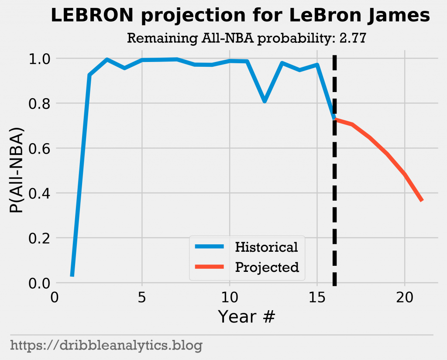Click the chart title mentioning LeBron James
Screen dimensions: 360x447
[241, 16]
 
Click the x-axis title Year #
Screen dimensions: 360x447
[247, 316]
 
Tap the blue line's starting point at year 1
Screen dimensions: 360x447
[72, 275]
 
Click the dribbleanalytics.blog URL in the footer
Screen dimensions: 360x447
[106, 346]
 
